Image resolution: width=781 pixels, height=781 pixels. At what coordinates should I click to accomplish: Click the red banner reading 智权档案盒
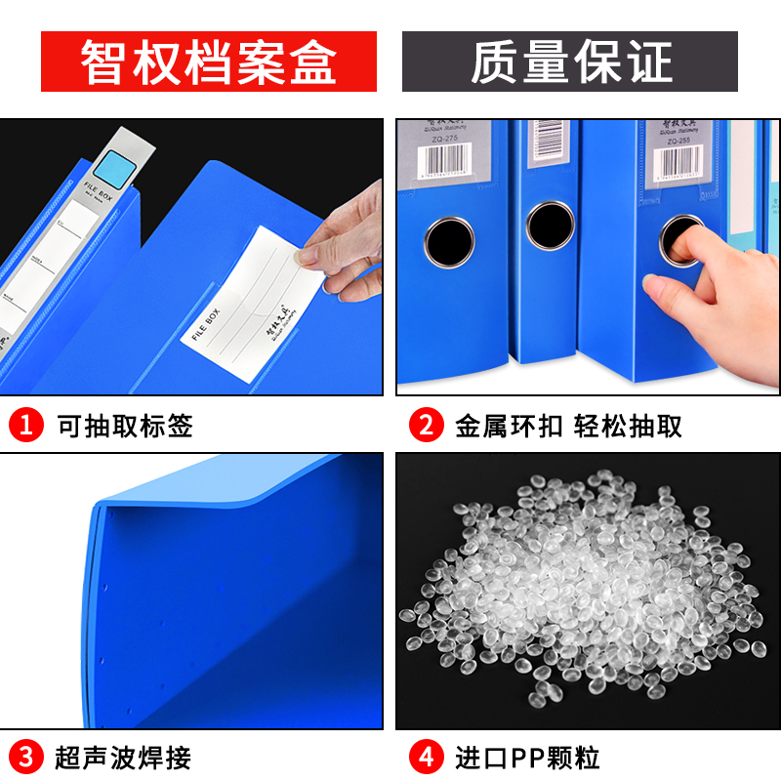click(x=208, y=62)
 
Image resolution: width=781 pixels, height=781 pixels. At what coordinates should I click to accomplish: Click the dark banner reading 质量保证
click(x=570, y=62)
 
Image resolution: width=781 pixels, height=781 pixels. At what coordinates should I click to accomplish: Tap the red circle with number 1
click(x=26, y=426)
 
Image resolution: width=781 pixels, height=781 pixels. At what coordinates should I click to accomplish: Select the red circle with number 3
click(x=26, y=757)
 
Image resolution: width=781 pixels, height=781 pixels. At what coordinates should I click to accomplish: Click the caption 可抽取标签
click(x=124, y=426)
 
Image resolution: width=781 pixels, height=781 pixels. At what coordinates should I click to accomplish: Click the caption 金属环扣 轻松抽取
click(x=568, y=426)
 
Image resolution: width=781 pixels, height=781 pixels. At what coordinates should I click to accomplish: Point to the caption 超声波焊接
click(x=124, y=757)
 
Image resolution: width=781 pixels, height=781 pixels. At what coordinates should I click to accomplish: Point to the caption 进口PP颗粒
click(x=527, y=757)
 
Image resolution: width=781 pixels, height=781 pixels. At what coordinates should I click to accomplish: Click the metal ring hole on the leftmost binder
click(x=450, y=239)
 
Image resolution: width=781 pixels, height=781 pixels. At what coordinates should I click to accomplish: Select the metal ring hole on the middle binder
click(x=551, y=225)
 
